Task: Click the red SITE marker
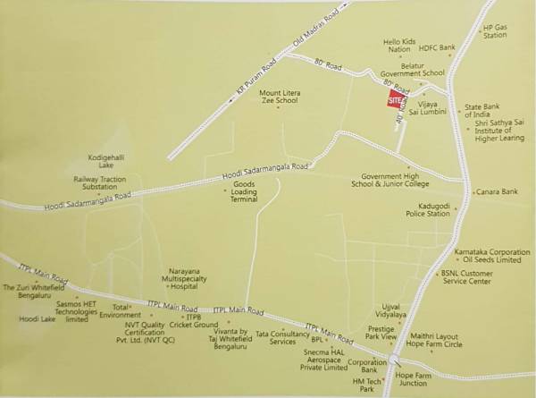pyautogui.click(x=395, y=101)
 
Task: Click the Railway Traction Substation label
pyautogui.click(x=101, y=183)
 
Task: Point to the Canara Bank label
pyautogui.click(x=498, y=191)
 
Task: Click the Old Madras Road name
pyautogui.click(x=316, y=30)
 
